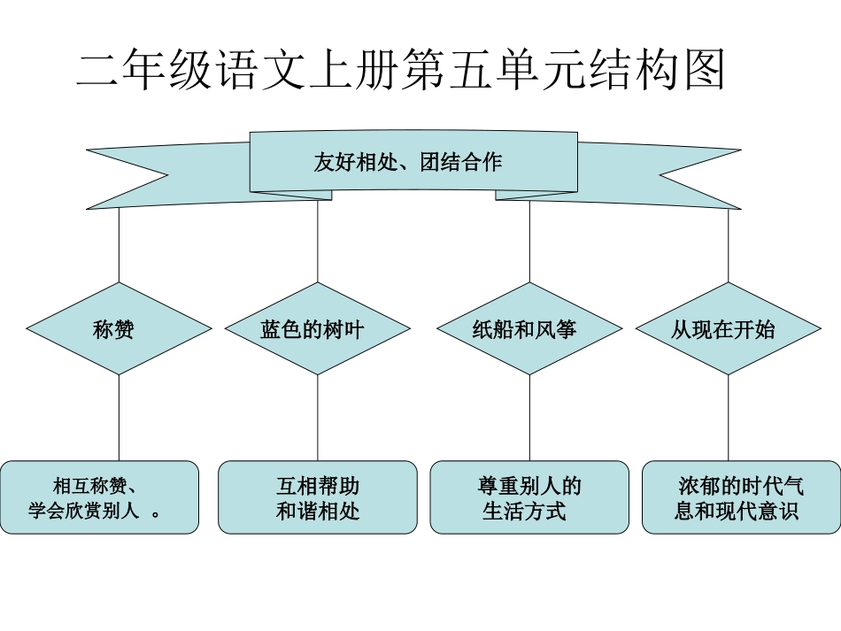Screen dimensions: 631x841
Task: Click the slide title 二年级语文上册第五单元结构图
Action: [x=400, y=70]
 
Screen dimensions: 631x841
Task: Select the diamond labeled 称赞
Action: [x=119, y=329]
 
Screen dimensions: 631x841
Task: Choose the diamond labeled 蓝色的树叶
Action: [x=317, y=329]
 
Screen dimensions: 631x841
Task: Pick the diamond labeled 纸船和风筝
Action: [x=529, y=329]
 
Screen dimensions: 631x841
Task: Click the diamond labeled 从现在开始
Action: [x=728, y=329]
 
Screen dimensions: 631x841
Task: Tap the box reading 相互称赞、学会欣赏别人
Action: [x=99, y=497]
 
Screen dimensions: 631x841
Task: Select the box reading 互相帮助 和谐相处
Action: [x=317, y=497]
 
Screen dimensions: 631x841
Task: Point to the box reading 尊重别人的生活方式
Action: [x=529, y=497]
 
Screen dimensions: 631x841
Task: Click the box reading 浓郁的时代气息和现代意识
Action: [x=741, y=497]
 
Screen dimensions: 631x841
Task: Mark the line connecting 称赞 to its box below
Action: [x=119, y=418]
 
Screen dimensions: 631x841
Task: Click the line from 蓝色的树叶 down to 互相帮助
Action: [x=317, y=418]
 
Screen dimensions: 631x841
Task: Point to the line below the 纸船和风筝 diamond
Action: [x=529, y=418]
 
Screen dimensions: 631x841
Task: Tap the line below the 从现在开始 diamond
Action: [x=728, y=418]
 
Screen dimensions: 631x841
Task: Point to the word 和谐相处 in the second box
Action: [x=317, y=512]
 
